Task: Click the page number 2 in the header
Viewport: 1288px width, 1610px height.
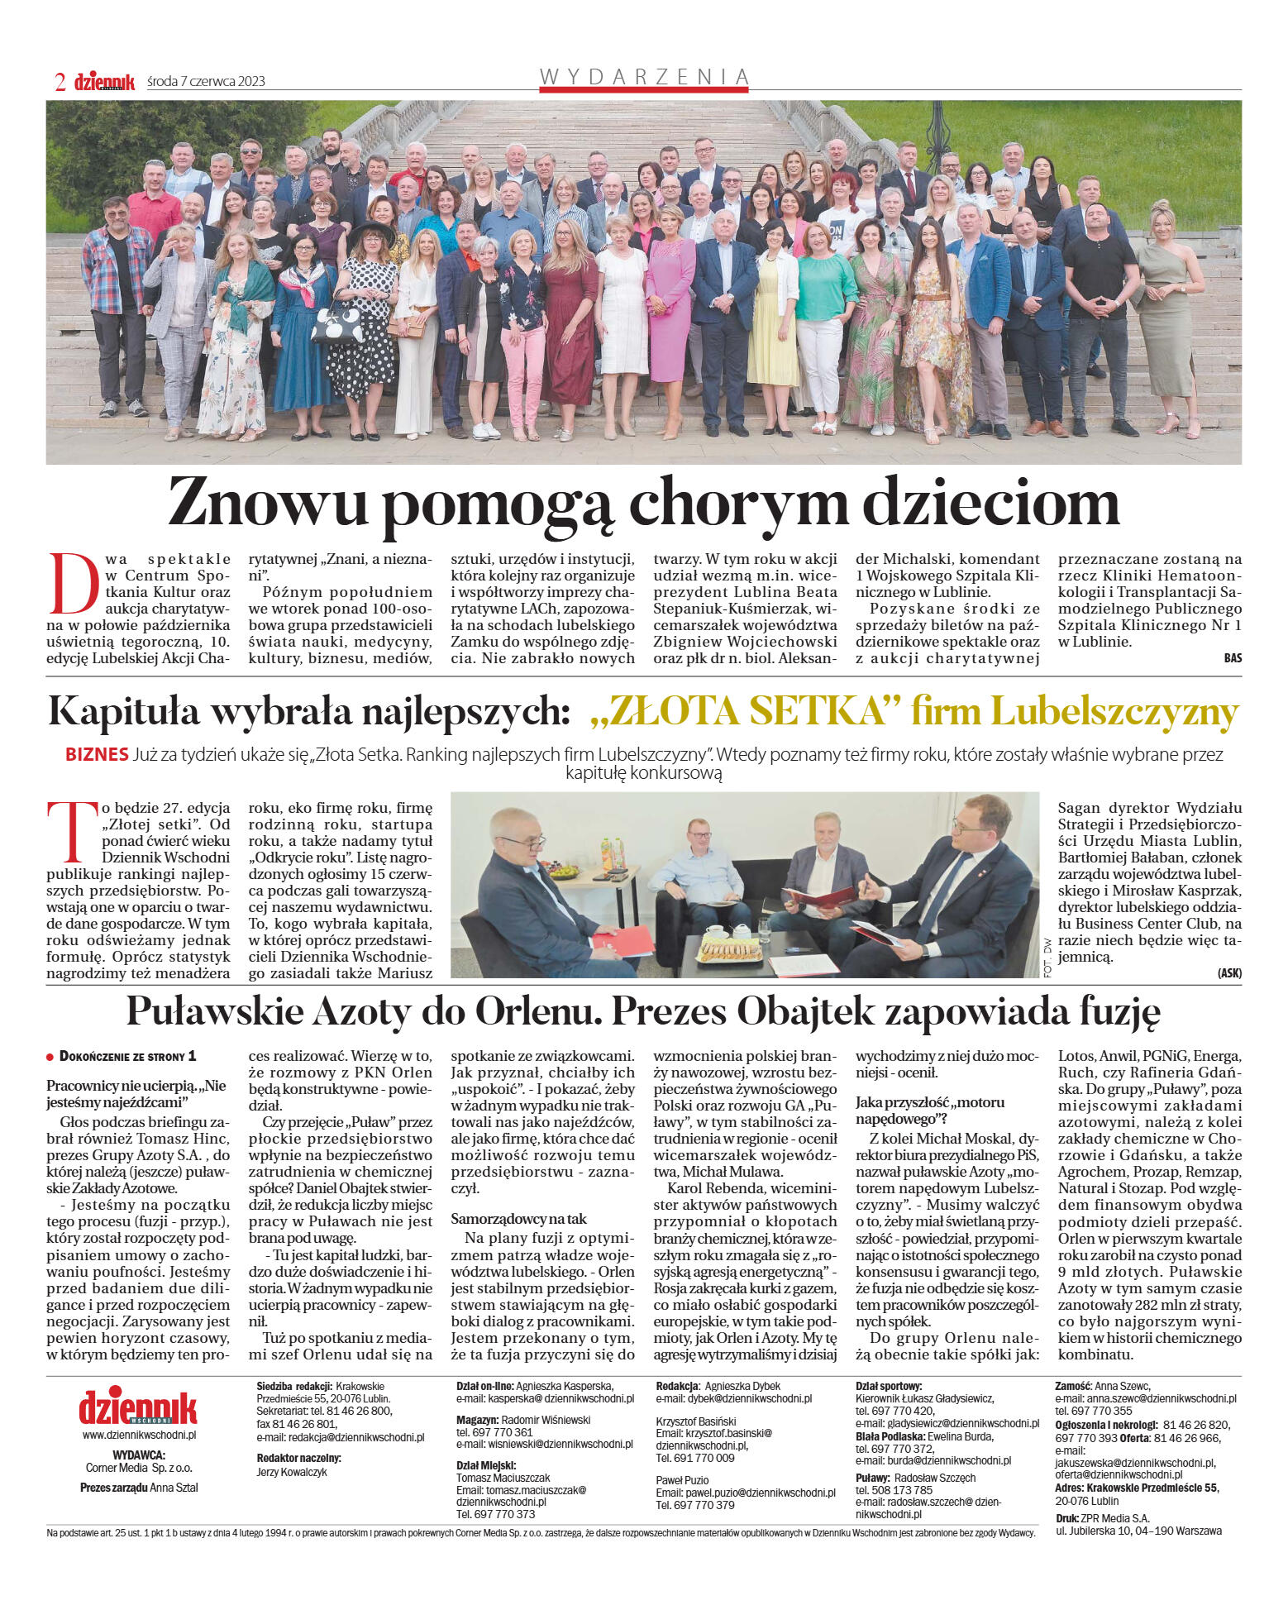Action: coord(60,81)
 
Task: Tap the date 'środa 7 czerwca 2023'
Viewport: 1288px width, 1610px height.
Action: coord(206,81)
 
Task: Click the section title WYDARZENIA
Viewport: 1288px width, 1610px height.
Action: coord(644,76)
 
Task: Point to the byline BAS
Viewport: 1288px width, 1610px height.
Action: coord(1232,658)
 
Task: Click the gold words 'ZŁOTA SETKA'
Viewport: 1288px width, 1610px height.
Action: coord(745,712)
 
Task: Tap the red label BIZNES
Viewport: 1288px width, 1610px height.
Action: coord(97,754)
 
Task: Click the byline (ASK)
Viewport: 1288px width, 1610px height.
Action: coord(1228,973)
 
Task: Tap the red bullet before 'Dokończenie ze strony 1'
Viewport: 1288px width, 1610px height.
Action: coord(51,1058)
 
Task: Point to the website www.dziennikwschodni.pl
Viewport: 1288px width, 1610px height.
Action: coord(138,1436)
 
